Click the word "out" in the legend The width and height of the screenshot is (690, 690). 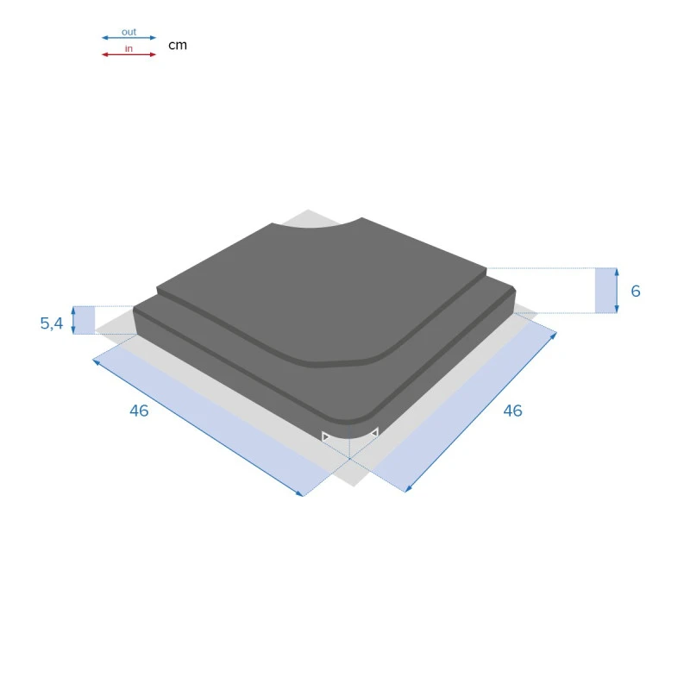click(x=129, y=32)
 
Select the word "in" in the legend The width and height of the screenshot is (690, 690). click(x=129, y=48)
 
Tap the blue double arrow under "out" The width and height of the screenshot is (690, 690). click(x=129, y=38)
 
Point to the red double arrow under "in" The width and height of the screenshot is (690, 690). click(x=129, y=54)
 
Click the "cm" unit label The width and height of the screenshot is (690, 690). click(x=177, y=45)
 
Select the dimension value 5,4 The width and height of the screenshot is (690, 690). click(x=52, y=324)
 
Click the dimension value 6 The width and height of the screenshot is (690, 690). click(x=636, y=292)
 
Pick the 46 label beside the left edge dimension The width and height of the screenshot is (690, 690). click(x=139, y=411)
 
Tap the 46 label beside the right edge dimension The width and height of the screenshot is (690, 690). click(x=512, y=411)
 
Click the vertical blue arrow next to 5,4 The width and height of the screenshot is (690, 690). click(x=73, y=320)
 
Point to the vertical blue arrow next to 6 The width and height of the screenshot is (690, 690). click(x=617, y=291)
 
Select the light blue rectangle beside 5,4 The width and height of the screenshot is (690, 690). click(x=85, y=320)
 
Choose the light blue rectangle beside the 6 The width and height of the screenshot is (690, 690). click(x=605, y=291)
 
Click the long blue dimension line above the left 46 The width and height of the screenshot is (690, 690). click(x=198, y=426)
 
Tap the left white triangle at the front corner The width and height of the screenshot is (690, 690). click(x=326, y=437)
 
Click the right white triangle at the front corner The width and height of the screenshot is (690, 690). click(x=373, y=432)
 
